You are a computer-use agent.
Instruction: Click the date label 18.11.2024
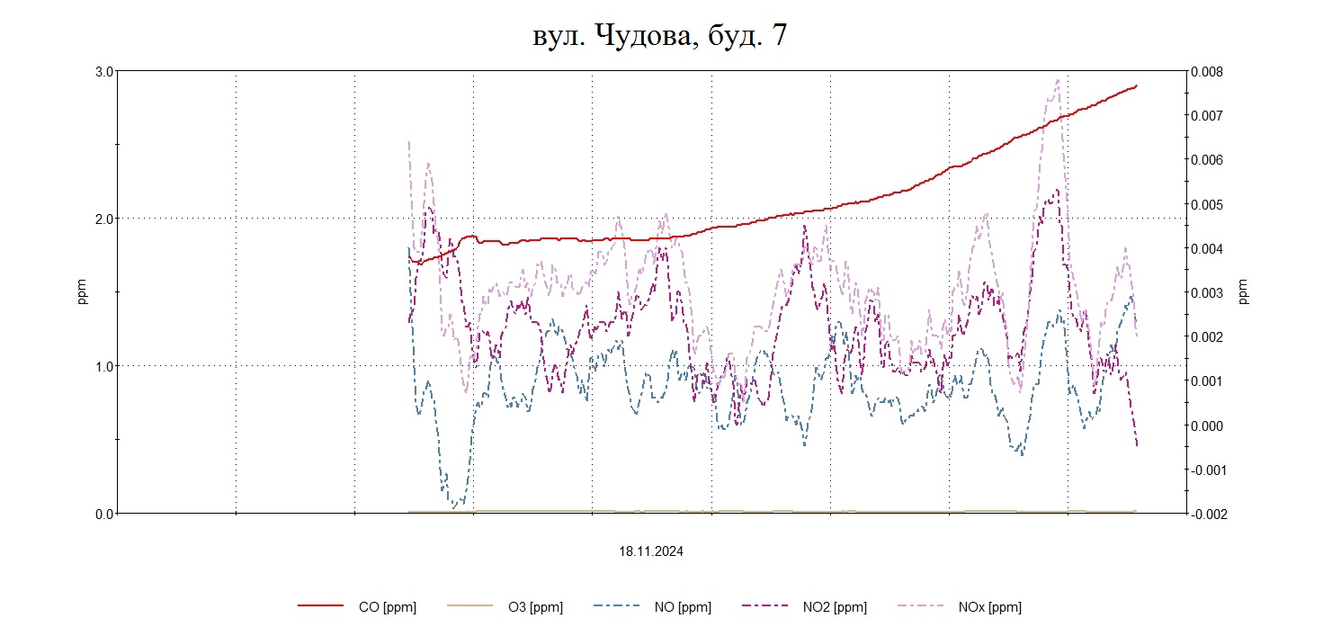[x=650, y=552]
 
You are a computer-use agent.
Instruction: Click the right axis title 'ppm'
[x=1243, y=291]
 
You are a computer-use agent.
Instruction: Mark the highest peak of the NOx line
[x=1057, y=79]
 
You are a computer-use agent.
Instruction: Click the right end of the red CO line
[x=1137, y=85]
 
